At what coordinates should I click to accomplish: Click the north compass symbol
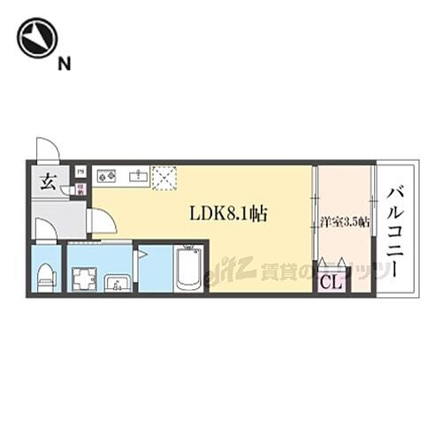point(37,38)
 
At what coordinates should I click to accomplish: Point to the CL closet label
point(331,282)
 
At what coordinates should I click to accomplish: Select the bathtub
point(189,267)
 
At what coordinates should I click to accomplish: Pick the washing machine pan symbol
point(84,278)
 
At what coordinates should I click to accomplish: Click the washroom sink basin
point(116,283)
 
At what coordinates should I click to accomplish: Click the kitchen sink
point(137,177)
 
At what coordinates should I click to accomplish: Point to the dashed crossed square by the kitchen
point(164,177)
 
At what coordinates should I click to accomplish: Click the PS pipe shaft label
point(80,171)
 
